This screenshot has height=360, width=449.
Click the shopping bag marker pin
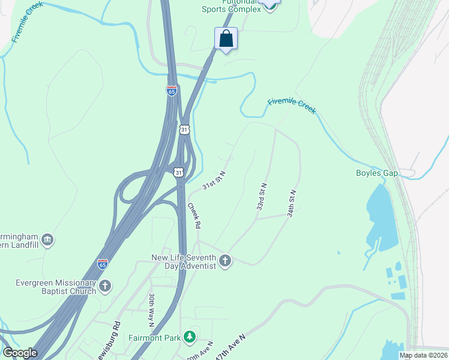click(x=226, y=39)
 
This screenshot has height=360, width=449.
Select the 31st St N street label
click(x=214, y=180)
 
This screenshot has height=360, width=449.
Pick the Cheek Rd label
click(x=194, y=215)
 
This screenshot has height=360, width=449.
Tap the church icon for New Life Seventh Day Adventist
click(x=225, y=260)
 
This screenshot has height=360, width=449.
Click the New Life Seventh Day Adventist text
click(x=183, y=262)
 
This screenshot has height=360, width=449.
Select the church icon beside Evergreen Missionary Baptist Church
click(x=105, y=286)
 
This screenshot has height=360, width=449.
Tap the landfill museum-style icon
click(x=48, y=241)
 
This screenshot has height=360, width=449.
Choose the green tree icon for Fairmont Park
click(x=190, y=337)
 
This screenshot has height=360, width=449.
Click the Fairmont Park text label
click(x=155, y=338)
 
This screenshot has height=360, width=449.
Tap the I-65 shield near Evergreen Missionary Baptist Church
click(x=103, y=263)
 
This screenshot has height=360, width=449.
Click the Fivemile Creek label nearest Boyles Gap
click(x=291, y=106)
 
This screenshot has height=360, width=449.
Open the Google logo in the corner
click(x=20, y=353)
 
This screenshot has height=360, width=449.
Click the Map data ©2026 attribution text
click(x=424, y=355)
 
